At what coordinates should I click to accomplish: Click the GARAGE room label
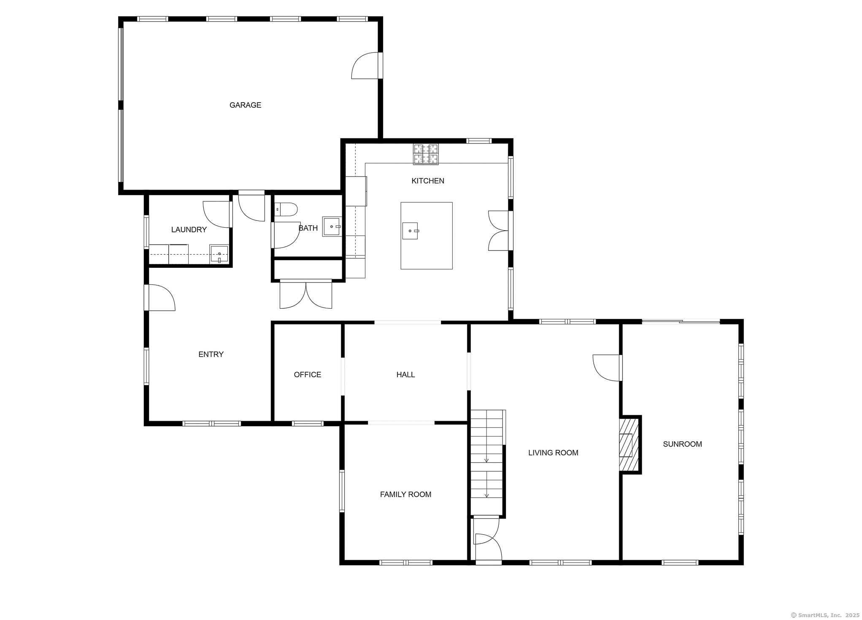pos(245,105)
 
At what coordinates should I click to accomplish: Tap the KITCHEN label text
pos(427,181)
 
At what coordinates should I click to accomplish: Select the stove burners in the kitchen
pos(426,154)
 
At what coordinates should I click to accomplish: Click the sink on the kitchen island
pos(410,231)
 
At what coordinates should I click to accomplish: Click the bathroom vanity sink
pos(332,227)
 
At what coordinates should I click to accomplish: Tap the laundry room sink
pos(219,254)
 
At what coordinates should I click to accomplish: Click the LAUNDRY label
pos(189,230)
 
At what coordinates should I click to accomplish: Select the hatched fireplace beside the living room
pos(629,445)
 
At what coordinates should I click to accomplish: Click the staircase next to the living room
pos(487,462)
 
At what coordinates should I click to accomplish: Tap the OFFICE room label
pos(307,375)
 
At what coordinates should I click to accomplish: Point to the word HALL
pos(405,375)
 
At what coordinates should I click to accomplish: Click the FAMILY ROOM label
pos(405,495)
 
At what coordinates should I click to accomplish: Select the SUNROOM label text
pos(682,444)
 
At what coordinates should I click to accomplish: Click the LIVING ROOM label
pos(553,453)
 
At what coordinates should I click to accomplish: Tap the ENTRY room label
pos(211,354)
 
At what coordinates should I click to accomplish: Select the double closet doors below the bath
pos(306,294)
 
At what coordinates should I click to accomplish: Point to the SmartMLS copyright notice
pos(825,615)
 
